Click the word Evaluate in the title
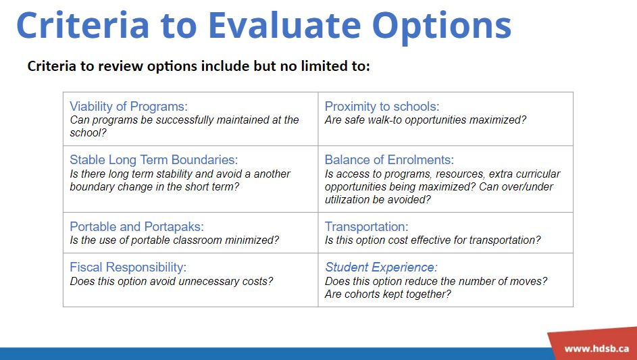[284, 25]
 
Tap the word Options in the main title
[442, 27]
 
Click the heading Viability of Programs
[129, 107]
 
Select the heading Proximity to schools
[382, 107]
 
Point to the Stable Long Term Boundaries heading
[154, 159]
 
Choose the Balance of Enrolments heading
[389, 159]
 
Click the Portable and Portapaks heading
[137, 226]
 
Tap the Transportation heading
[366, 226]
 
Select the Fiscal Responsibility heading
[128, 267]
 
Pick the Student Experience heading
[381, 267]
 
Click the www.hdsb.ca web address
[596, 349]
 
